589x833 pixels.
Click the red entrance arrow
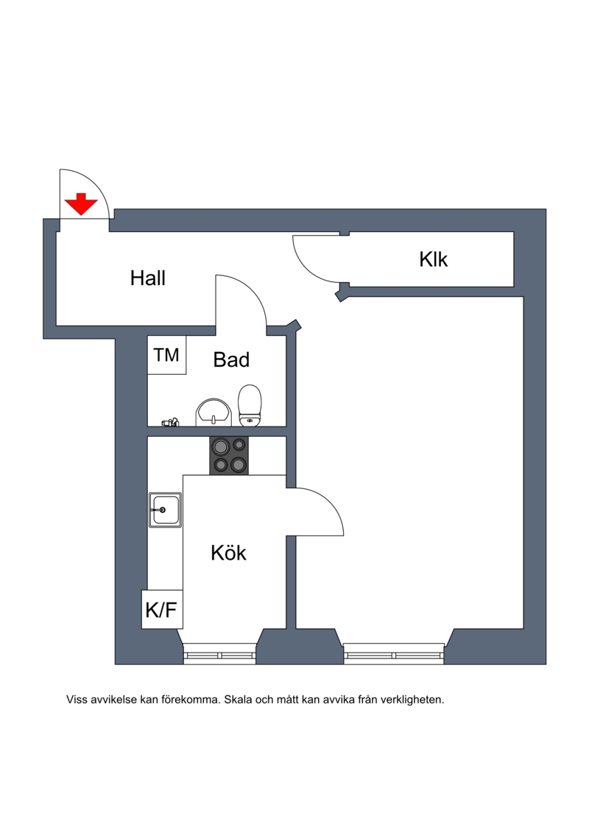(81, 205)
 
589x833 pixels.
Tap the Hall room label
(148, 278)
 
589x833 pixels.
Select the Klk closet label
(434, 259)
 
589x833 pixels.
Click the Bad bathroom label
(231, 359)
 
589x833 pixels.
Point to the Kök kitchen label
(228, 552)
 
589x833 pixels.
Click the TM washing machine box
(167, 355)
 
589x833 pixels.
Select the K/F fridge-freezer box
(162, 609)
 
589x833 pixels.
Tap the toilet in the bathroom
(250, 406)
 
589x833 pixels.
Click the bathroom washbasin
(214, 412)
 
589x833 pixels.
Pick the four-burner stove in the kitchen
(229, 456)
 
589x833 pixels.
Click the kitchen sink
(165, 510)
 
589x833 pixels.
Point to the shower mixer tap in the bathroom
(171, 422)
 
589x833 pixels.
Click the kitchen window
(220, 653)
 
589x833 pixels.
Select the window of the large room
(394, 653)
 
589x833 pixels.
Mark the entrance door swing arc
(95, 183)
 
